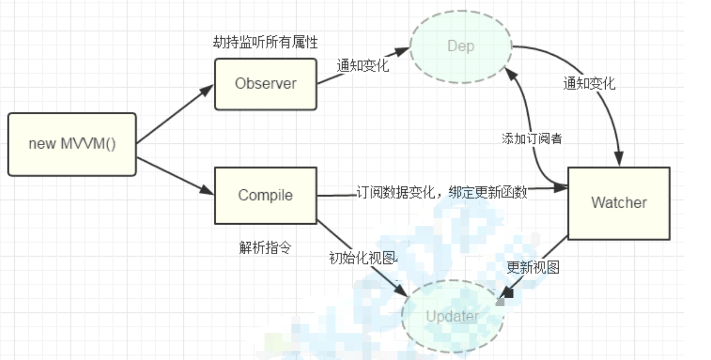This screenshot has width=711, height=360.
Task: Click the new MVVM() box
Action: pyautogui.click(x=72, y=144)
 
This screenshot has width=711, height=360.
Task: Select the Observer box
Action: pyautogui.click(x=265, y=84)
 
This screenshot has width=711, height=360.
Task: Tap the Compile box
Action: pyautogui.click(x=265, y=195)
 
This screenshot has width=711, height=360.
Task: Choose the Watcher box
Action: pyautogui.click(x=619, y=203)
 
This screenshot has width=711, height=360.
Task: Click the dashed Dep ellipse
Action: pyautogui.click(x=460, y=46)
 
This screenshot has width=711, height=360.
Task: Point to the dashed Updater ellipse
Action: pyautogui.click(x=452, y=316)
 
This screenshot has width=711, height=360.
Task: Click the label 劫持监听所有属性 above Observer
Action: pyautogui.click(x=265, y=42)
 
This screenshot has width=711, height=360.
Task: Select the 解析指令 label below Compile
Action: pyautogui.click(x=265, y=248)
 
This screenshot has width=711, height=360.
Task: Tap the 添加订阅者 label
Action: pyautogui.click(x=532, y=139)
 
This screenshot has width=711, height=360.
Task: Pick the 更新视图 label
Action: pyautogui.click(x=533, y=268)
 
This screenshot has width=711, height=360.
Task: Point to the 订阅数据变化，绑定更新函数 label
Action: pyautogui.click(x=442, y=192)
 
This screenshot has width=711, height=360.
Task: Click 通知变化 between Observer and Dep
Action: pyautogui.click(x=362, y=65)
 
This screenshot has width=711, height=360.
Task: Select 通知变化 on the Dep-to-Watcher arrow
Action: pyautogui.click(x=589, y=84)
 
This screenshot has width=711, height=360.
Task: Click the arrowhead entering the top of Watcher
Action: pyautogui.click(x=619, y=159)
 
